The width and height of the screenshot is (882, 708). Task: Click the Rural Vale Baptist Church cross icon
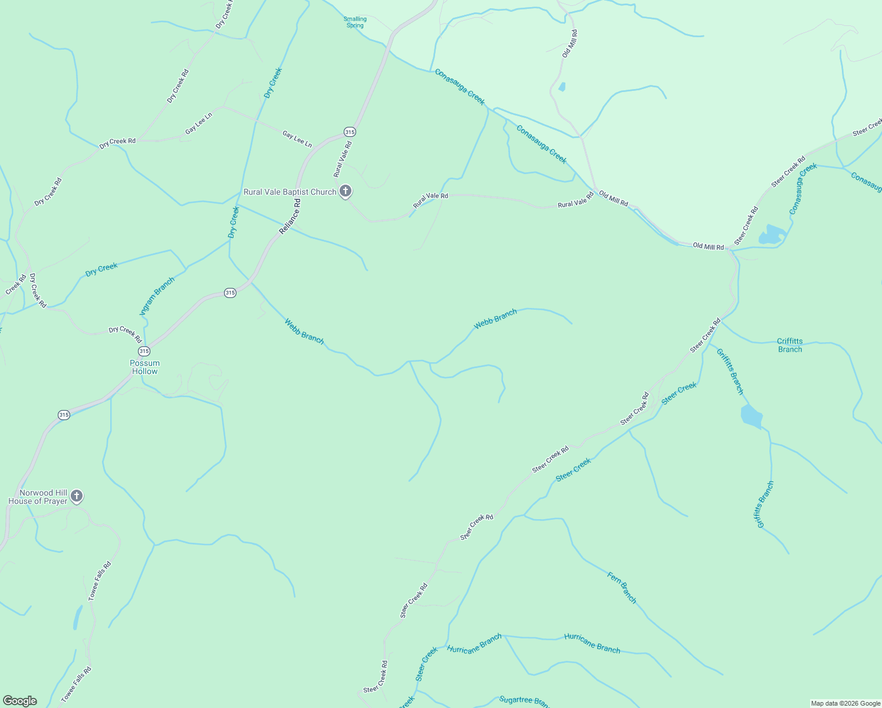[x=345, y=191]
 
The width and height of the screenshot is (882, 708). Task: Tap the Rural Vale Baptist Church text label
[x=289, y=192]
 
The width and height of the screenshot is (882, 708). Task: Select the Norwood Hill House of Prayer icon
[x=77, y=496]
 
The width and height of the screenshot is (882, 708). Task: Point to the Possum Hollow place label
[x=145, y=367]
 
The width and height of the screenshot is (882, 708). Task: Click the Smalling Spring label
[x=355, y=22]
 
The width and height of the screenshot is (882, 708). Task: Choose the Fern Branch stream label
[x=622, y=588]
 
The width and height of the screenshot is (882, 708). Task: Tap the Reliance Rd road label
[x=290, y=216]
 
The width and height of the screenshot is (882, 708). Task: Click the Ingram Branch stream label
[x=157, y=296]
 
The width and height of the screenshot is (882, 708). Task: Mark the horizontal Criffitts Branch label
[x=789, y=345]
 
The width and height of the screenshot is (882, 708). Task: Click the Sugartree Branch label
[x=524, y=700]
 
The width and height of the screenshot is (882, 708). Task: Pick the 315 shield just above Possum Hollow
[x=144, y=351]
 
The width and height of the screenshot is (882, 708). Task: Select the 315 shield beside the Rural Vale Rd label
[x=350, y=132]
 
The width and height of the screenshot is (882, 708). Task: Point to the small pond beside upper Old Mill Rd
[x=562, y=87]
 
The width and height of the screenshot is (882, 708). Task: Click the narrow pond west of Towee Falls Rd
[x=78, y=617]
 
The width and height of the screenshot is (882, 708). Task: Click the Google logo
[x=20, y=701]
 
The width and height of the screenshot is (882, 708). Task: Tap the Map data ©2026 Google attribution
[x=845, y=703]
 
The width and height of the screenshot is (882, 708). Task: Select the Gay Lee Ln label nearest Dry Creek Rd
[x=199, y=123]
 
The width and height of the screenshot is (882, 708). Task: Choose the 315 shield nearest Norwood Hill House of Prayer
[x=64, y=415]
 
